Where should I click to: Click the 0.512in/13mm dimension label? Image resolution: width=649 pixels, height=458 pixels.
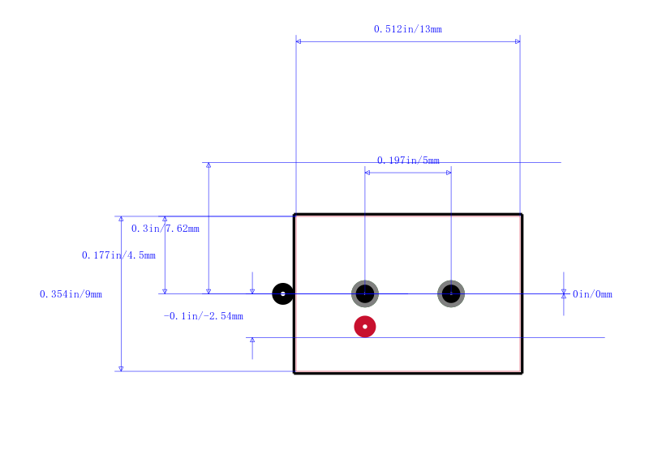point(408,29)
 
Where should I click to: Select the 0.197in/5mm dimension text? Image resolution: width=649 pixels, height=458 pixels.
point(408,161)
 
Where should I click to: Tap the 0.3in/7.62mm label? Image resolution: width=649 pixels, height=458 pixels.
point(165,229)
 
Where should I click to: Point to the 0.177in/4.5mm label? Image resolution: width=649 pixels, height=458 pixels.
point(118,255)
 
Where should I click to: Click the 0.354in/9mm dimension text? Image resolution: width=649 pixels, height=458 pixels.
point(71,294)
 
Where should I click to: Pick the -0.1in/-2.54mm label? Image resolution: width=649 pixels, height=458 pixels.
point(204,316)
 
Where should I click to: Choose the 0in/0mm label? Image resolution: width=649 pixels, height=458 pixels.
point(592,294)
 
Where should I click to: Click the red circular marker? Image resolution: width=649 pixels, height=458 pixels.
point(364,327)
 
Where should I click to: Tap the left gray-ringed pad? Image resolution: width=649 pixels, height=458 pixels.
point(364,293)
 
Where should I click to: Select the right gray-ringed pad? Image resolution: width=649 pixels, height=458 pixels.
point(451,293)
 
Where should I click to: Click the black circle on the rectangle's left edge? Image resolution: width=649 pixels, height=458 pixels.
point(282,293)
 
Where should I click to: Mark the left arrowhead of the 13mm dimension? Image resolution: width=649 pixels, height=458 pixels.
point(299,41)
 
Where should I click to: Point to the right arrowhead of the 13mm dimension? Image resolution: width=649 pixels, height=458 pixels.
point(518,41)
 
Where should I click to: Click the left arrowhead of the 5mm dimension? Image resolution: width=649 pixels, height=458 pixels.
point(367,173)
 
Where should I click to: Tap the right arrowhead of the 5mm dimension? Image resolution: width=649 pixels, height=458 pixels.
point(449,173)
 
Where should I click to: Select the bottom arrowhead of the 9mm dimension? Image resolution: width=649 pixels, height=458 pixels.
point(121,369)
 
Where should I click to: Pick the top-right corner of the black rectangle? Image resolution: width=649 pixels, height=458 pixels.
point(522,214)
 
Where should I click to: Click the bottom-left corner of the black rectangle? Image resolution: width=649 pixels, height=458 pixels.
point(294,373)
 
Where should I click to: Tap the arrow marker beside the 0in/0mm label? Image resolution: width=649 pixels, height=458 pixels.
point(563,293)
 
